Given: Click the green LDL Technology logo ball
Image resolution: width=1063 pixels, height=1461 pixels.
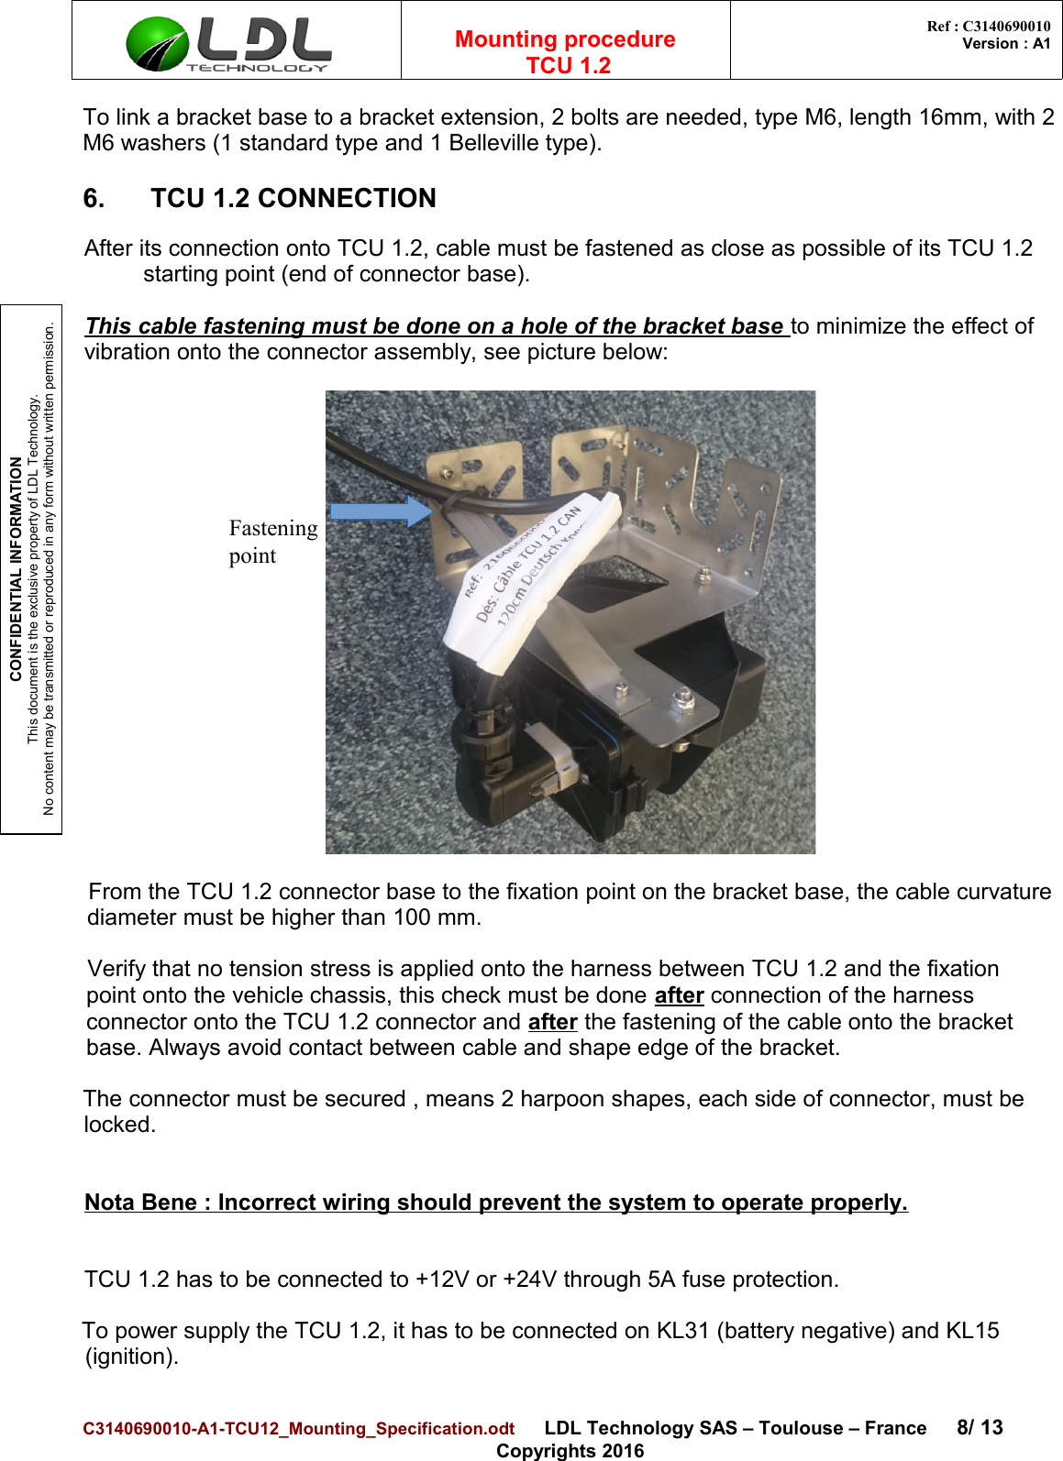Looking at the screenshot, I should [156, 44].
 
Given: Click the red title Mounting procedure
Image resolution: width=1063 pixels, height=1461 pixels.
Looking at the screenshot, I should [565, 39].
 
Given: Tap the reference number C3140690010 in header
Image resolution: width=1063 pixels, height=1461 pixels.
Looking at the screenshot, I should [1005, 27].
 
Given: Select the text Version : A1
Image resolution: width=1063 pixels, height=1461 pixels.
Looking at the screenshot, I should [1005, 44].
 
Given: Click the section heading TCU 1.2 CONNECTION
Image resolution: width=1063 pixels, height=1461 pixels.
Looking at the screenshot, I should [293, 199].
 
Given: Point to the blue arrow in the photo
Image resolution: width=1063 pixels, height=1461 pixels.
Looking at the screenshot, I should [379, 512].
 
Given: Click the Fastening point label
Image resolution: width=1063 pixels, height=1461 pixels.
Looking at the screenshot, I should [272, 542].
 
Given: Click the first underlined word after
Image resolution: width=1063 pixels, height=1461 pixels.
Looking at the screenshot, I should [679, 996].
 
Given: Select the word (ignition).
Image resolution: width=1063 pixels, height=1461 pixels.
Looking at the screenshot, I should [131, 1357].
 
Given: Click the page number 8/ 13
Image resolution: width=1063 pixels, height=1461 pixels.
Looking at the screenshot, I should [979, 1428].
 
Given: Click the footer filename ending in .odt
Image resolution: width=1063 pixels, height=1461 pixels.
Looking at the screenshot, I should [299, 1429].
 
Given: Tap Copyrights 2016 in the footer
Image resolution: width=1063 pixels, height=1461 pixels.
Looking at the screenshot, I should [570, 1451].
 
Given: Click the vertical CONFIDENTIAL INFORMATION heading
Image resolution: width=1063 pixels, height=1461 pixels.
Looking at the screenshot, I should [16, 569].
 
